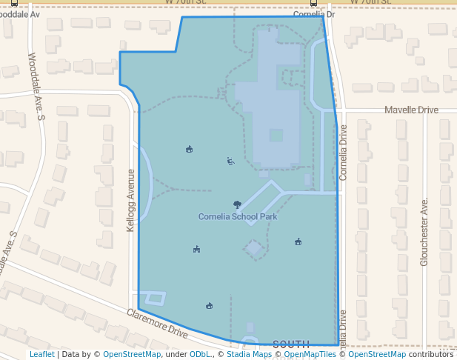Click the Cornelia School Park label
pos(238,217)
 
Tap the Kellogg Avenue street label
pos(131,200)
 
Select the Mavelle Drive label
pos(411,110)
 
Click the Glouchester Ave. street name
pos(424,231)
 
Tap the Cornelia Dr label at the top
pos(314,14)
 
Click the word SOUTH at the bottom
pos(291,344)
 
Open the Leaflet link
pos(41,355)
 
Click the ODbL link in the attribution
pos(201,355)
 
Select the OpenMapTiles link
pos(310,355)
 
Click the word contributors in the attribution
pos(431,355)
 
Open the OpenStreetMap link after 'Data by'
pos(131,355)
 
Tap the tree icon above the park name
pos(237,204)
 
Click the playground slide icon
pos(230,161)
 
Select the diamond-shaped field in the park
pos(253,248)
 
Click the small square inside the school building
pos(276,136)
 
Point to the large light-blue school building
pos(270,104)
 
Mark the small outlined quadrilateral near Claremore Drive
pos(154,299)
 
